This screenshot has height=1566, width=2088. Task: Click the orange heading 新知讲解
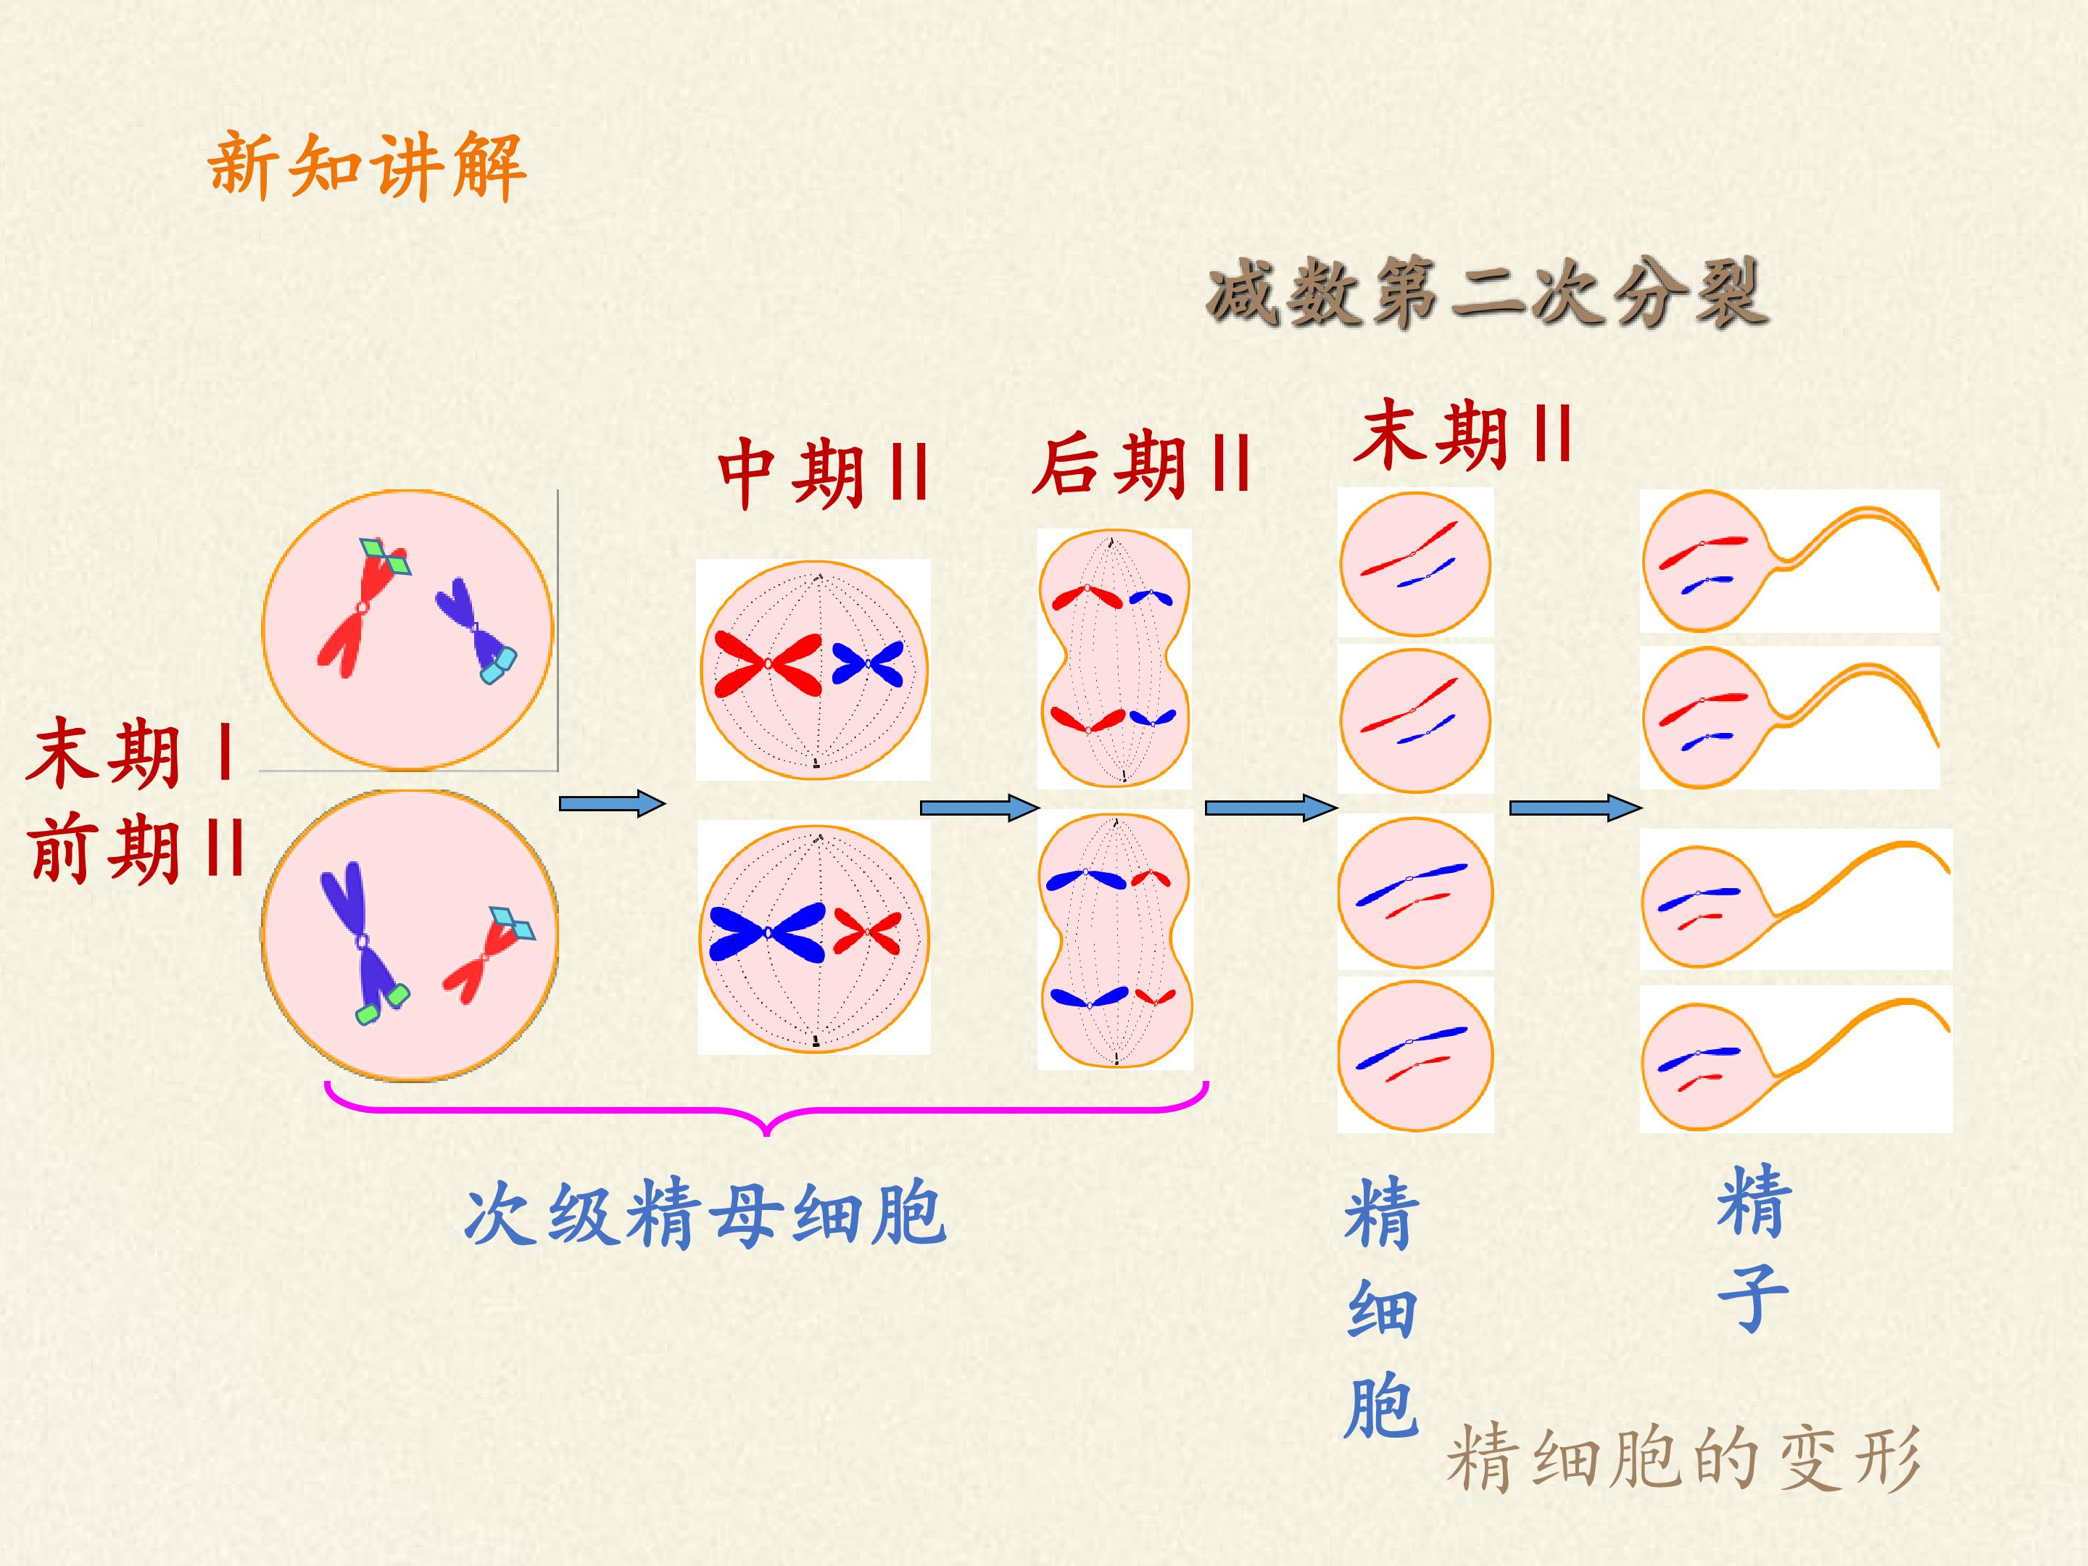click(366, 166)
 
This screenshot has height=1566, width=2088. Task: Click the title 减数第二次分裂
click(1488, 294)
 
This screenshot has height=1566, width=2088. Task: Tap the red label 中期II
click(823, 472)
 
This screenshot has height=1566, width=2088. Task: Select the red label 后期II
click(1141, 465)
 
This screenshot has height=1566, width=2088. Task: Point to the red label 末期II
click(1464, 434)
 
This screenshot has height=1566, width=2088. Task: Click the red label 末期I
click(131, 753)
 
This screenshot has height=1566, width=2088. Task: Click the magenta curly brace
click(766, 1110)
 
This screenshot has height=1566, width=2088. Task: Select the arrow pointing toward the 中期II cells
click(612, 803)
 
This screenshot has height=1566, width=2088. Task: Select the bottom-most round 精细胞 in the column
click(1415, 1056)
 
